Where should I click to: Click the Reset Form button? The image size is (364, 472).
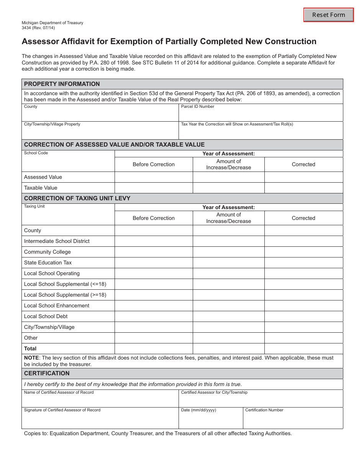click(328, 15)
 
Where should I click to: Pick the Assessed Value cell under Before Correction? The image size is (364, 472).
click(154, 177)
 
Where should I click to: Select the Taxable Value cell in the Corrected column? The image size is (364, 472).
click(303, 188)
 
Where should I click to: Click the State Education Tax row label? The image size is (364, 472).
click(48, 263)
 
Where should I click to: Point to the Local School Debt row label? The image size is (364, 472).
click(46, 317)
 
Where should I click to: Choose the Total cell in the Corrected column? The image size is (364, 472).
click(303, 349)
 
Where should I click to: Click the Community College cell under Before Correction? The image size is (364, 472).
click(154, 252)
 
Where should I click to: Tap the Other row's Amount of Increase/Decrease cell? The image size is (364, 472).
click(228, 338)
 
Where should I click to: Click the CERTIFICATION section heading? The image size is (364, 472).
click(47, 373)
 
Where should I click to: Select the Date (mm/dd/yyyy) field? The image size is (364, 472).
click(210, 420)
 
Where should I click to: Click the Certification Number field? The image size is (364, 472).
click(293, 420)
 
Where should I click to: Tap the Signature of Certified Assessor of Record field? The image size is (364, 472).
click(100, 420)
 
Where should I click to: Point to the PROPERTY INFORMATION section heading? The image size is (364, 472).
click(62, 84)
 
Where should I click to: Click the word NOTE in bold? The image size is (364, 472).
click(31, 358)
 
